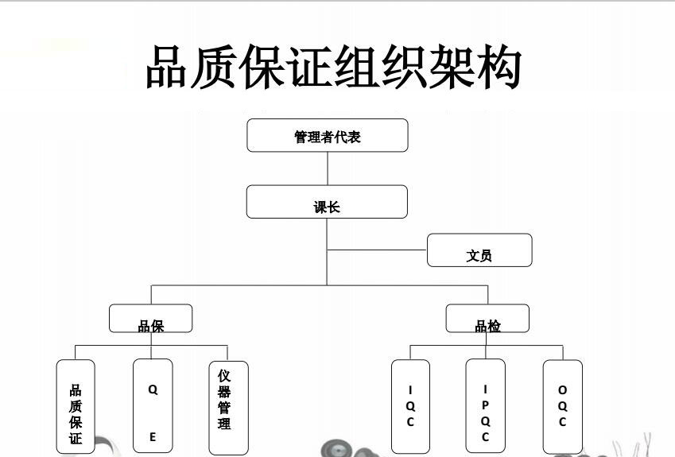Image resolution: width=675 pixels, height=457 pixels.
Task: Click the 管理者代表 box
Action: click(327, 135)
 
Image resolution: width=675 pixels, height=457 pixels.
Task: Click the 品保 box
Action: click(150, 319)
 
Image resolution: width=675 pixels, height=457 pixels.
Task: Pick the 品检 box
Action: click(487, 319)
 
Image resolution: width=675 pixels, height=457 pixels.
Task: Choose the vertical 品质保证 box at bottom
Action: click(76, 408)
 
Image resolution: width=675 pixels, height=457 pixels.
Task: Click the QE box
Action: click(153, 408)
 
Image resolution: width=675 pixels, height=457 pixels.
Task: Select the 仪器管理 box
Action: click(227, 407)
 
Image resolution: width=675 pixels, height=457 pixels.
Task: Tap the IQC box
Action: click(410, 407)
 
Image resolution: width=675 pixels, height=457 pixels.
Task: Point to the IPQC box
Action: click(485, 407)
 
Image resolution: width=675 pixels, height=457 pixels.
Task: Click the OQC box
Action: click(562, 407)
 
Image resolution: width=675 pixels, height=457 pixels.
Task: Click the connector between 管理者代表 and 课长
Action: click(328, 168)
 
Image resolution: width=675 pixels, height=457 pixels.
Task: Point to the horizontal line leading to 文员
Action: click(377, 250)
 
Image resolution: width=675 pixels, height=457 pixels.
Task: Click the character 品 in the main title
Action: click(169, 67)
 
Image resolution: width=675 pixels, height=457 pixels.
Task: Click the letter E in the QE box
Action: click(153, 437)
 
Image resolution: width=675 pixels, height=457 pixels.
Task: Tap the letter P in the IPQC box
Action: click(485, 405)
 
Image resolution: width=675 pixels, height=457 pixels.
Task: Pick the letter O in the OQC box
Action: click(562, 390)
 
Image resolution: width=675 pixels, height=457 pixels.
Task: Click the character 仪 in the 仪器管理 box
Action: click(224, 375)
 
